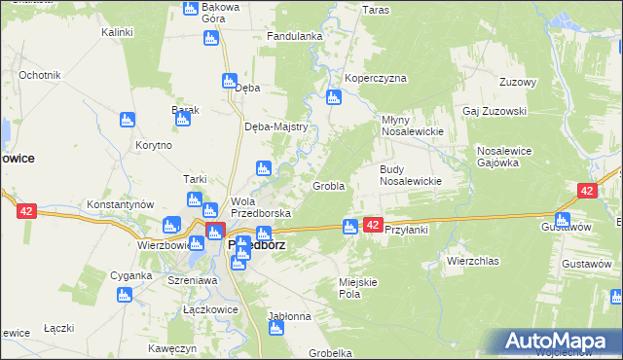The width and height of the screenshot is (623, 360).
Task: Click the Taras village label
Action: pyautogui.click(x=376, y=10)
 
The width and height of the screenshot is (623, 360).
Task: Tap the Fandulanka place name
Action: pyautogui.click(x=295, y=37)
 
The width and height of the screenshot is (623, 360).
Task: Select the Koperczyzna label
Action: pyautogui.click(x=375, y=79)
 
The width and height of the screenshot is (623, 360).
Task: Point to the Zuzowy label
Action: pyautogui.click(x=517, y=82)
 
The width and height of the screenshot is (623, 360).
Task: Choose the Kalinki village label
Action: pyautogui.click(x=117, y=32)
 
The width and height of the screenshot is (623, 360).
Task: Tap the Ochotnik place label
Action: pyautogui.click(x=40, y=75)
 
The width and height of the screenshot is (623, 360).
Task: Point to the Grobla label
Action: pyautogui.click(x=328, y=186)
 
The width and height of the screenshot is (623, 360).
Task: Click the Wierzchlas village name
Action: pyautogui.click(x=472, y=261)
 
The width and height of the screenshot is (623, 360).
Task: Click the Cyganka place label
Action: pyautogui.click(x=130, y=275)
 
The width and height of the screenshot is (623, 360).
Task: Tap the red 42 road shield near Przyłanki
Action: pyautogui.click(x=373, y=225)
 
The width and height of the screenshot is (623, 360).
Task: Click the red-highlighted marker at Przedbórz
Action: pyautogui.click(x=215, y=232)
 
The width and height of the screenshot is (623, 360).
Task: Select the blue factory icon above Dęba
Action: pyautogui.click(x=230, y=82)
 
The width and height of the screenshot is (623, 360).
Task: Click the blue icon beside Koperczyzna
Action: pyautogui.click(x=334, y=98)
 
